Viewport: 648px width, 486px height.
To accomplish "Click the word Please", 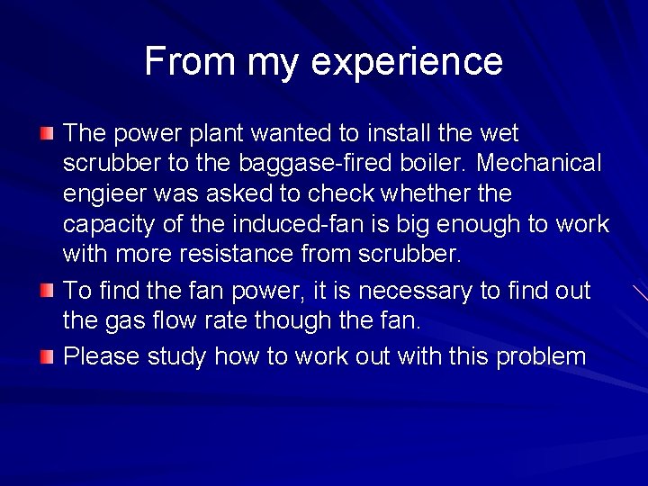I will click(x=101, y=355).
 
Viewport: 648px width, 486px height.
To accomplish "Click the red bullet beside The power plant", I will click(x=48, y=134).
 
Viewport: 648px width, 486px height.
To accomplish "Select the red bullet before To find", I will click(x=48, y=292).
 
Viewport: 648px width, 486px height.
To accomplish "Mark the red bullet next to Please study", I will click(x=48, y=357).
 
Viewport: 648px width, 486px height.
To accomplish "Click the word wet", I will click(x=499, y=133).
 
